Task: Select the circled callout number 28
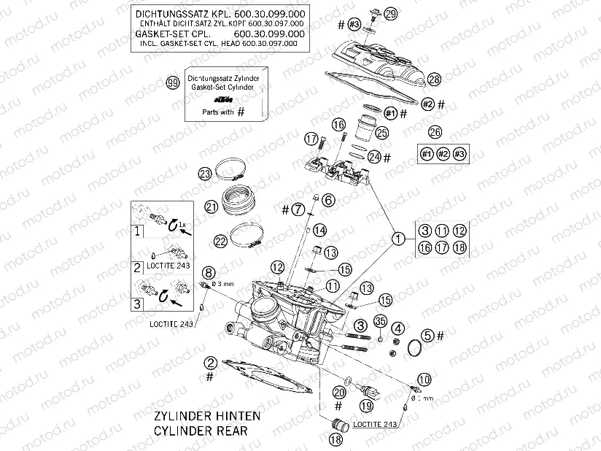435,79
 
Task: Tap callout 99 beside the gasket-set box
173,82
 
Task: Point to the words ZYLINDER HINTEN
206,416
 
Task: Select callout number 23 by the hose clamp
205,173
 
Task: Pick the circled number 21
212,207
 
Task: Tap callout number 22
220,240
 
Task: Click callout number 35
380,321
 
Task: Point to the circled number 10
424,378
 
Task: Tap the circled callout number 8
209,273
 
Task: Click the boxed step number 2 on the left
136,267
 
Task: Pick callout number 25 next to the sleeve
381,132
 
